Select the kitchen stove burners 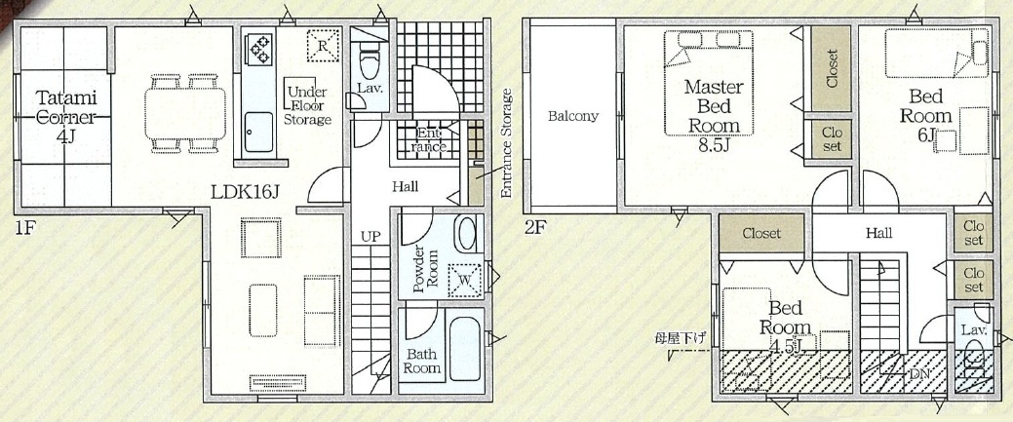click(x=260, y=49)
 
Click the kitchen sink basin click(x=258, y=133)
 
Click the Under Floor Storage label click(x=307, y=105)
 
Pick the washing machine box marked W click(x=464, y=281)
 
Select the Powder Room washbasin click(x=465, y=234)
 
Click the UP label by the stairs click(x=370, y=237)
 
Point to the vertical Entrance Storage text click(x=507, y=143)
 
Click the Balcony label click(x=573, y=117)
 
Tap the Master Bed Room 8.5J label click(x=714, y=115)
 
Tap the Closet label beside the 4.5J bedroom click(x=761, y=233)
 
